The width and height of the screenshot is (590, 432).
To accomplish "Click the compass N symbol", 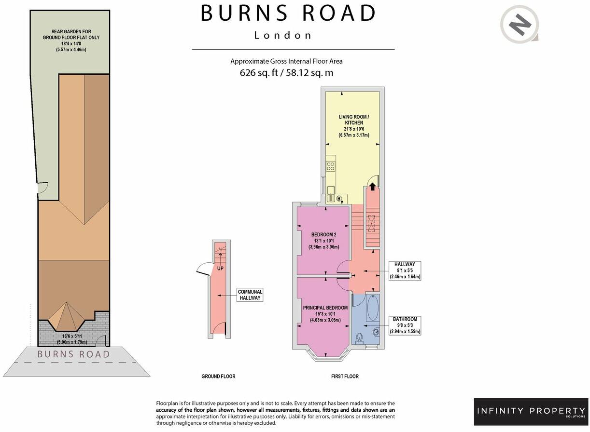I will pyautogui.click(x=520, y=25).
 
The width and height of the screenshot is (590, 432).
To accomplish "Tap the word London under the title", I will pyautogui.click(x=283, y=35).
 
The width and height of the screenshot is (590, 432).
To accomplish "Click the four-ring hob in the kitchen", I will pyautogui.click(x=331, y=166).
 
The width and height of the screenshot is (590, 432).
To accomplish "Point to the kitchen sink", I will pyautogui.click(x=331, y=194).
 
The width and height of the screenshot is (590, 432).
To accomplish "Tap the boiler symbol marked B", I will pyautogui.click(x=339, y=198).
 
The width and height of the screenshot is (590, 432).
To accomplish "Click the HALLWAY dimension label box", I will pyautogui.click(x=405, y=270).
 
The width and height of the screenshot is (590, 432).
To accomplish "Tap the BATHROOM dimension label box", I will pyautogui.click(x=405, y=325).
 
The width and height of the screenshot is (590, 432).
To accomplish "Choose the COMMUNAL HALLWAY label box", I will pyautogui.click(x=250, y=295).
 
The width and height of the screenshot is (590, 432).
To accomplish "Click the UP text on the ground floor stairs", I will pyautogui.click(x=220, y=268).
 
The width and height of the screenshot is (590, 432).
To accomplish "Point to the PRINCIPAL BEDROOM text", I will pyautogui.click(x=325, y=308).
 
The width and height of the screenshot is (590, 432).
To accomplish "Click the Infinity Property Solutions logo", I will pyautogui.click(x=531, y=412).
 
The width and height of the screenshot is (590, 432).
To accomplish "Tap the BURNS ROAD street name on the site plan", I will pyautogui.click(x=74, y=354).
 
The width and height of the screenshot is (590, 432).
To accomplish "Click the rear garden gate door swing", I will pyautogui.click(x=42, y=190).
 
